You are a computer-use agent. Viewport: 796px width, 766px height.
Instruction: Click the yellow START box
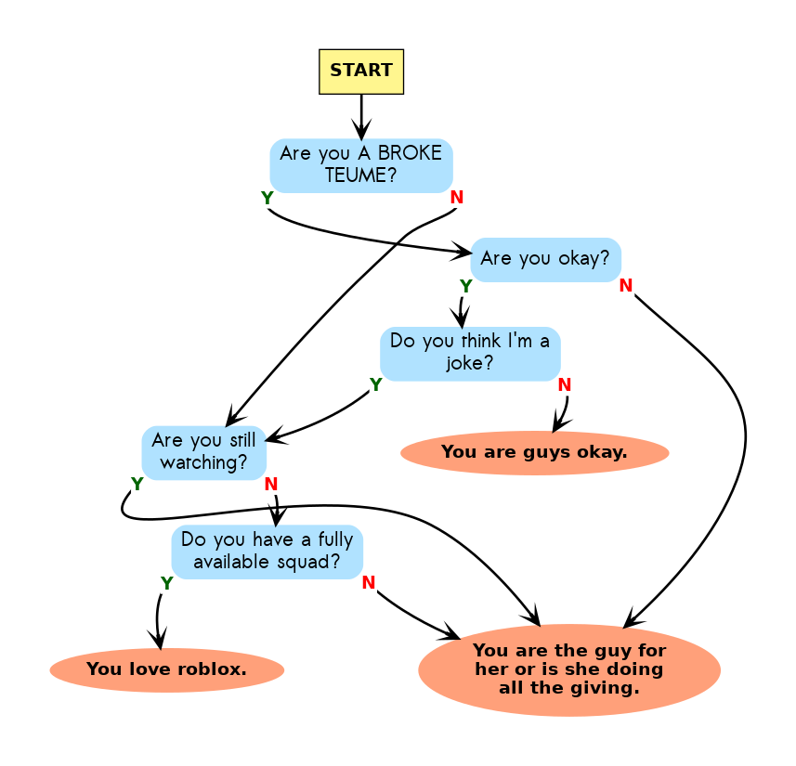point(360,71)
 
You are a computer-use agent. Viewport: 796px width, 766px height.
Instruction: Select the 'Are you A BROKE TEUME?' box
point(360,165)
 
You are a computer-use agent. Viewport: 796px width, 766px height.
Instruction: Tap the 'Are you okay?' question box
point(545,259)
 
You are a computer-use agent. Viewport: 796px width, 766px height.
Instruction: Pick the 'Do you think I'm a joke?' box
point(470,353)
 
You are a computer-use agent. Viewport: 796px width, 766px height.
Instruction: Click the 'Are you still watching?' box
point(203,451)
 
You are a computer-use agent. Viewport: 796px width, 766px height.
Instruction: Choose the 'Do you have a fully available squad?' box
point(267,552)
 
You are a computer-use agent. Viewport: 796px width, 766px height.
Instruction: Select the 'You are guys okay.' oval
point(534,453)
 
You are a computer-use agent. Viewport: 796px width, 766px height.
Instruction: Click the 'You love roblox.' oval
point(166,669)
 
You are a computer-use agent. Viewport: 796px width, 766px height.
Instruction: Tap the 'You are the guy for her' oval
point(569,669)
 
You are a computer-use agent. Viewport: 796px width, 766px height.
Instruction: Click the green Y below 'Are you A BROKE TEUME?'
point(267,199)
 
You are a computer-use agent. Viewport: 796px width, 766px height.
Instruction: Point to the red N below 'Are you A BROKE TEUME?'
point(456,198)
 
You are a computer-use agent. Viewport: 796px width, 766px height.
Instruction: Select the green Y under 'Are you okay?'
point(465,286)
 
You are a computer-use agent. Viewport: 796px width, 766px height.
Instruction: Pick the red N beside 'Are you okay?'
point(625,286)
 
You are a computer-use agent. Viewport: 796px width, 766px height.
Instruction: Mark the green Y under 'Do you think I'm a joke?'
point(375,384)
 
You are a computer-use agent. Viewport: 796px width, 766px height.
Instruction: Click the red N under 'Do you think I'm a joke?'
point(564,384)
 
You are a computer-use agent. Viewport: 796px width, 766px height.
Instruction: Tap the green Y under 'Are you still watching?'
point(137,484)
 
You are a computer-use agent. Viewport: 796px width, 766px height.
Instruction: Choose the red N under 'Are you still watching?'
point(270,484)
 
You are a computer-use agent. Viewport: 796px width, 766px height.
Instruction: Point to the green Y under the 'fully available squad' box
point(166,583)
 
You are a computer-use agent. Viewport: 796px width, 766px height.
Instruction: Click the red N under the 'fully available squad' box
point(368,583)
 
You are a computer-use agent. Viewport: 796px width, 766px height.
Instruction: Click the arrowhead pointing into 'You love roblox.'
point(160,641)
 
